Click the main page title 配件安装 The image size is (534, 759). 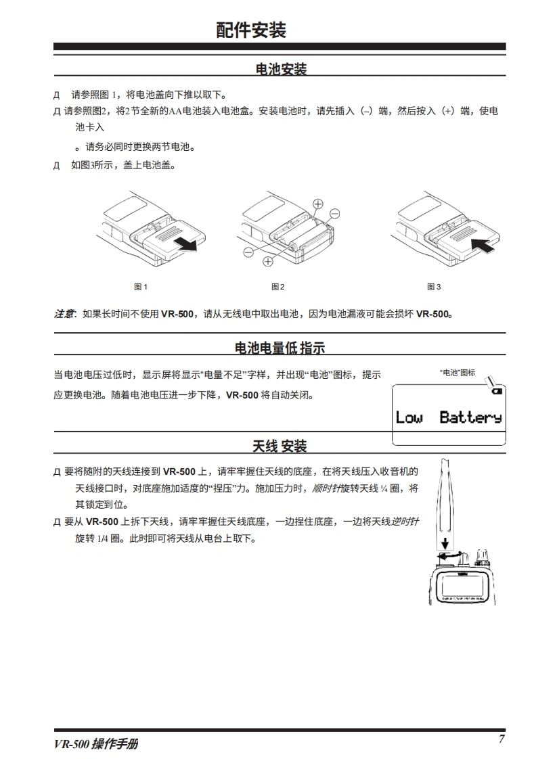pos(251,30)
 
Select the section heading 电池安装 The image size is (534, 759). pos(281,69)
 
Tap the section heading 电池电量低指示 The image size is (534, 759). pos(280,348)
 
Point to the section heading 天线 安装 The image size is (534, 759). pos(280,446)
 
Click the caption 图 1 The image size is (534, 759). pos(140,287)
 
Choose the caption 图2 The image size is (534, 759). pos(278,287)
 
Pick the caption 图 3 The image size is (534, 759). pos(434,287)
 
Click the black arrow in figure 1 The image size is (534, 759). pos(186,244)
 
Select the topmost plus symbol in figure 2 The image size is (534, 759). pos(317,204)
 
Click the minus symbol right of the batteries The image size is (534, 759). pos(334,214)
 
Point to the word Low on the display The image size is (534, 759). pos(409,417)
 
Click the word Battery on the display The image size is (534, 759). pos(470,417)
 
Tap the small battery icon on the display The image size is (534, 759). pos(497,391)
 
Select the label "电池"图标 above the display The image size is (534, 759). pos(457,373)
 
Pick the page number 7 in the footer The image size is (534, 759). pos(502,739)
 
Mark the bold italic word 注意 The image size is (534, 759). pos(64,314)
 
